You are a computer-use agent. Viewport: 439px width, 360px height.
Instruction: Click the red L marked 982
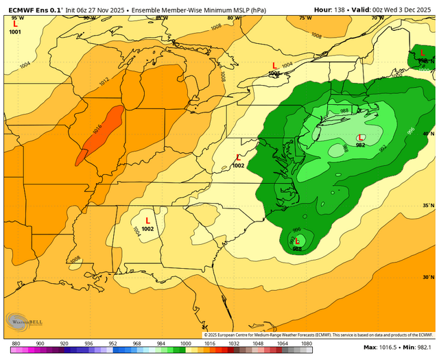(361, 138)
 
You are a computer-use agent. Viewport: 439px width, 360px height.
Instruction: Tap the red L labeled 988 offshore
(298, 241)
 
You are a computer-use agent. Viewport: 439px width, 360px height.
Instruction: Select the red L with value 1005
(274, 65)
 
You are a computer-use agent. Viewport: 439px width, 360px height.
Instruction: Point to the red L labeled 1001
(15, 24)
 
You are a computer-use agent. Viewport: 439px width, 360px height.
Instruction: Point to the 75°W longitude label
(305, 18)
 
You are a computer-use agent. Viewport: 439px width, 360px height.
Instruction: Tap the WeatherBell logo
(22, 320)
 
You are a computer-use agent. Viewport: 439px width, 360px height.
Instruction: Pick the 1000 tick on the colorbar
(185, 343)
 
